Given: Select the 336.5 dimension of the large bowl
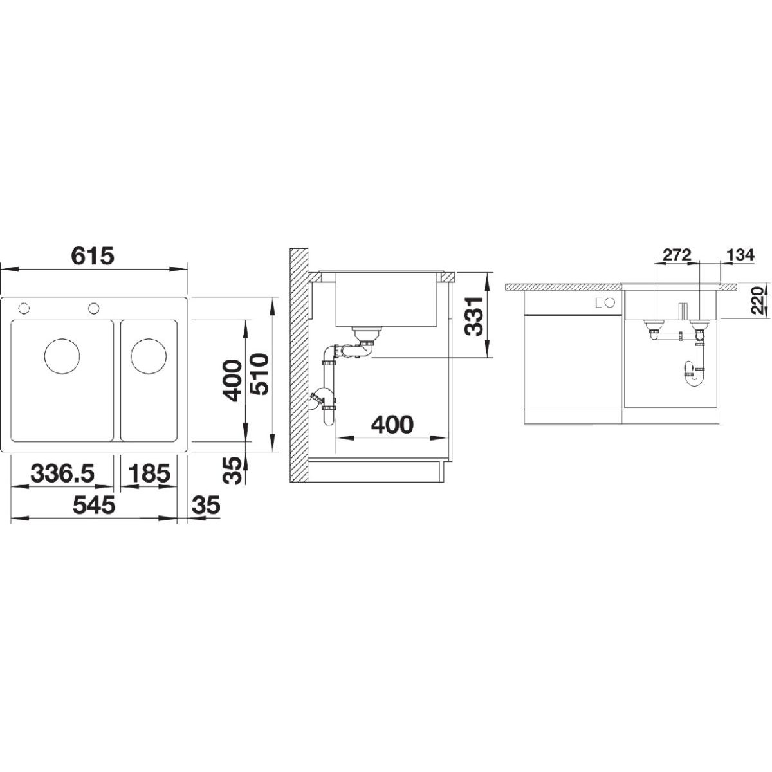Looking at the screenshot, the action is click(x=62, y=473).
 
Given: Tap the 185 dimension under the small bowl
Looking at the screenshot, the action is click(x=149, y=473).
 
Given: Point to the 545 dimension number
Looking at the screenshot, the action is click(x=93, y=505).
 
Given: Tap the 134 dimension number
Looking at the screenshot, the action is click(x=740, y=255).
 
